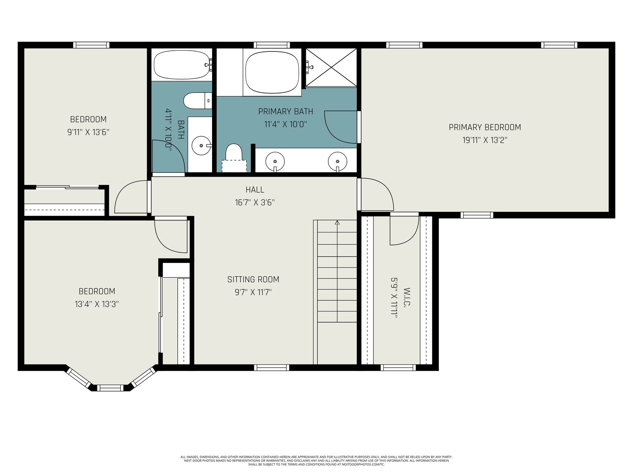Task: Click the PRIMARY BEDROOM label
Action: [x=485, y=127]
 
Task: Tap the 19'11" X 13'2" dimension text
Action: [x=485, y=140]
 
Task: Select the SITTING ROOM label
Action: [x=253, y=279]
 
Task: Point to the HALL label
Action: [x=255, y=190]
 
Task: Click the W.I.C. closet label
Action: [x=407, y=296]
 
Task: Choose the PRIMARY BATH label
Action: [x=286, y=111]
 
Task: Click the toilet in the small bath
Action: [x=197, y=101]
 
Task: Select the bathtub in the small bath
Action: [x=182, y=65]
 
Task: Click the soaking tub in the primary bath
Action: [x=272, y=72]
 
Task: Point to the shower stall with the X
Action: [x=332, y=67]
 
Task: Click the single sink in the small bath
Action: [x=201, y=145]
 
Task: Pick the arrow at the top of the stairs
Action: [x=337, y=222]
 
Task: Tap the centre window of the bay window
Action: [x=110, y=388]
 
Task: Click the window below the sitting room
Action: [x=271, y=367]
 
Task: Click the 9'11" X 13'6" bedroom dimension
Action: [x=88, y=132]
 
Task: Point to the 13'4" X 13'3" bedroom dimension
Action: [x=97, y=304]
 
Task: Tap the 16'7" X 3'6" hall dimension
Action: [x=255, y=202]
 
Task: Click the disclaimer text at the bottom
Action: [x=316, y=460]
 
